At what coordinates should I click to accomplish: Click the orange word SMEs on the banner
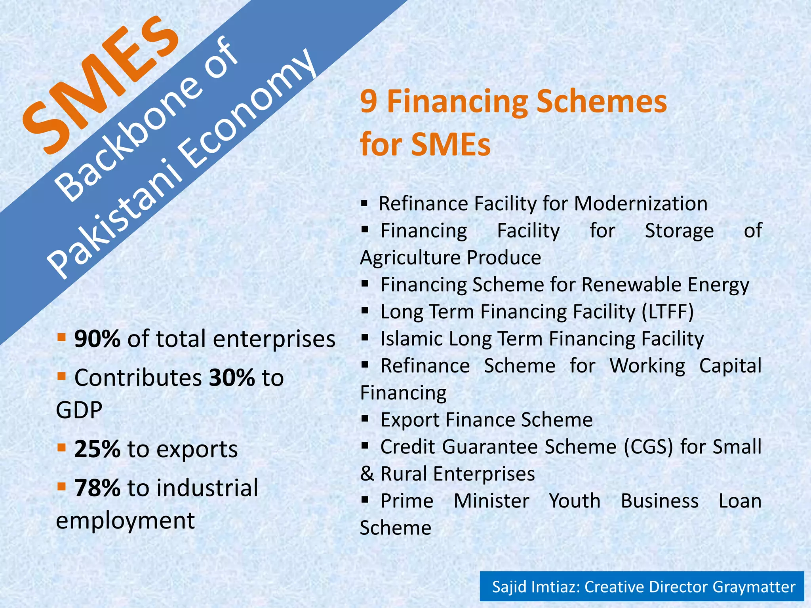tap(101, 85)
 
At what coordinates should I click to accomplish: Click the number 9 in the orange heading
tap(368, 102)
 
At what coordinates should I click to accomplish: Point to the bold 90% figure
tap(97, 339)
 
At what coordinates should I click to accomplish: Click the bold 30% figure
tap(232, 378)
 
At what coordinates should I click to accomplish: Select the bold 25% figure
tap(97, 449)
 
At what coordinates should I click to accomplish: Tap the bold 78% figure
tap(97, 488)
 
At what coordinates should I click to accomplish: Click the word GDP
tap(79, 410)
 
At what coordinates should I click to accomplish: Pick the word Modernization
tap(640, 204)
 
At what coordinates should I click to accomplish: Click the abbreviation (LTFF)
tap(668, 312)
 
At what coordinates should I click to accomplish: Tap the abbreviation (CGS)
tap(649, 447)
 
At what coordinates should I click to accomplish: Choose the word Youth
tap(575, 501)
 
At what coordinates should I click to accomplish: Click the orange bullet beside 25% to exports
tap(61, 448)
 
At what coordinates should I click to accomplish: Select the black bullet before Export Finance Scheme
tap(365, 419)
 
